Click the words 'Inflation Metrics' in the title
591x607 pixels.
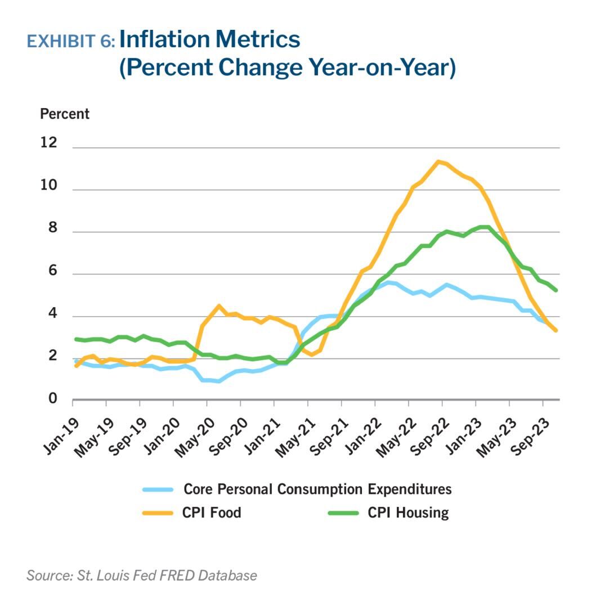(x=209, y=39)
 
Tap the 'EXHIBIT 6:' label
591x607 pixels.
(x=71, y=41)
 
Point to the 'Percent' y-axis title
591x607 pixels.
(x=64, y=114)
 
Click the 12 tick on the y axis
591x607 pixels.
(x=50, y=143)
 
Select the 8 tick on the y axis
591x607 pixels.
(x=52, y=228)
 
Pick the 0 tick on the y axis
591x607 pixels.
(x=52, y=399)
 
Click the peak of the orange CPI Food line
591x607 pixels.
(x=437, y=161)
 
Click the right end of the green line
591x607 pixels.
(x=556, y=290)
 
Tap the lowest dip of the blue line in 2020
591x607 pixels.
(x=219, y=381)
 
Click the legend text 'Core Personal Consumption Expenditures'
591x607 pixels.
(x=317, y=489)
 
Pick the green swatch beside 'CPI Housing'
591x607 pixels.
(x=343, y=512)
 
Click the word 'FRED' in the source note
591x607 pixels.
(x=176, y=575)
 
